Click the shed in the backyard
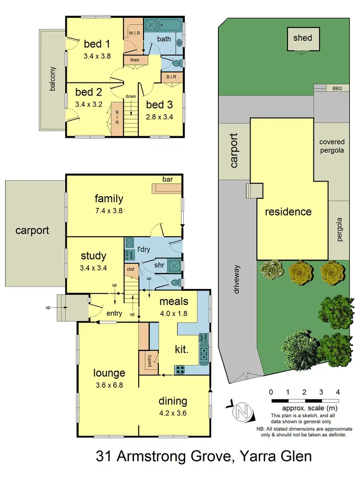303,38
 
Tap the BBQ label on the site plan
337,89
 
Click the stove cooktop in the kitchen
180,370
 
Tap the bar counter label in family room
167,180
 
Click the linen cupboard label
135,60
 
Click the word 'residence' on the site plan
288,212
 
